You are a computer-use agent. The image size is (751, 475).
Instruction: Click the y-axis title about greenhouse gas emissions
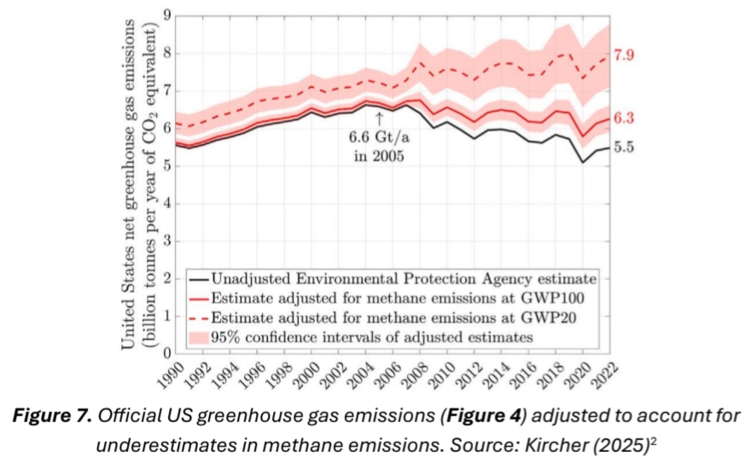(x=138, y=183)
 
